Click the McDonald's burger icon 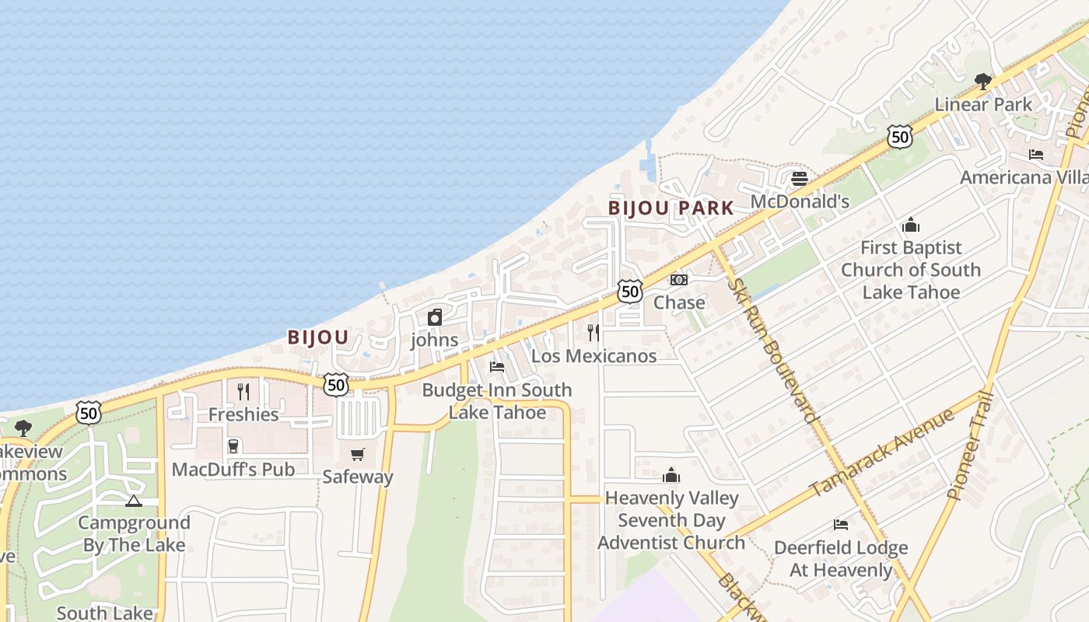click(800, 179)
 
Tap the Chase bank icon click(679, 280)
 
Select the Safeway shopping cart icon click(358, 454)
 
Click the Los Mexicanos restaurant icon click(594, 333)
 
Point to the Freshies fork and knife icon click(243, 391)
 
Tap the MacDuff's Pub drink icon click(233, 446)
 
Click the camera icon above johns click(435, 317)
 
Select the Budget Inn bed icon click(497, 367)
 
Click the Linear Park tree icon click(983, 81)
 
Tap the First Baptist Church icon click(911, 225)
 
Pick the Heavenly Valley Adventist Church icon click(671, 475)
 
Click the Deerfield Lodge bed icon click(841, 525)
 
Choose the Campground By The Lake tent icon click(134, 501)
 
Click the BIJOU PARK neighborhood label click(671, 208)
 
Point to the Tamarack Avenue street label click(882, 454)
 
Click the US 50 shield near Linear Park click(899, 138)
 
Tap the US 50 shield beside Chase click(630, 292)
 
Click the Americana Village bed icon click(1036, 155)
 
